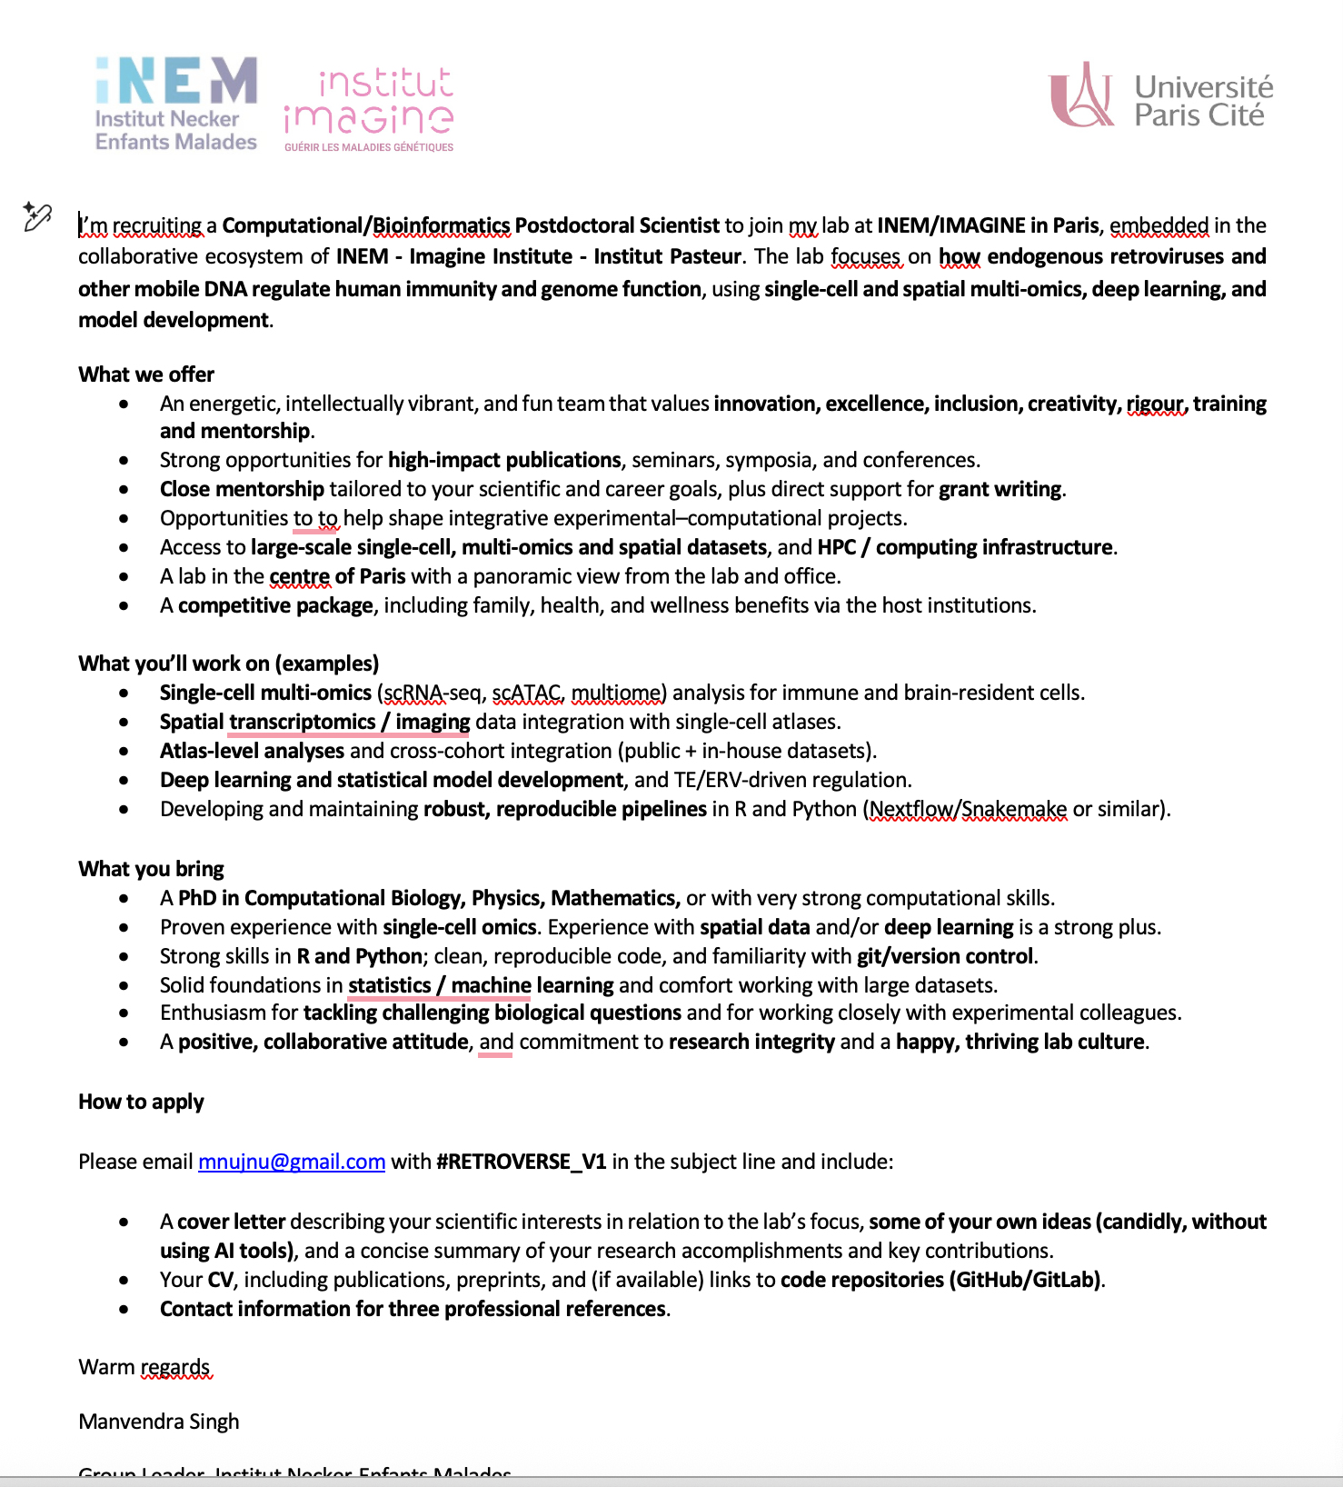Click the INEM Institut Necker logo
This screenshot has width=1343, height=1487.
point(176,104)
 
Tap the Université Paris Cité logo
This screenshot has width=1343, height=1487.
point(1161,96)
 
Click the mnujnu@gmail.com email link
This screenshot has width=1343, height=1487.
point(292,1162)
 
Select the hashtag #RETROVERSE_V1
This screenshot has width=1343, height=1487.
point(522,1162)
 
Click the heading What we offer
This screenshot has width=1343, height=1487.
point(146,374)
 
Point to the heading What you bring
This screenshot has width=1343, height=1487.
point(151,869)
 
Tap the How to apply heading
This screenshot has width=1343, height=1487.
point(141,1102)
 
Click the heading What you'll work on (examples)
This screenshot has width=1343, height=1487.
point(228,664)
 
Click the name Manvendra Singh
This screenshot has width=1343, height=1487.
point(159,1422)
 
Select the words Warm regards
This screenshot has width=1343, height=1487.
point(144,1367)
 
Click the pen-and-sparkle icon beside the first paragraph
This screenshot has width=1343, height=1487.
point(37,216)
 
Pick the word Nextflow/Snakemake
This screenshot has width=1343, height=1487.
point(968,809)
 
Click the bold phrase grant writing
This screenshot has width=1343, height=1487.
point(1000,489)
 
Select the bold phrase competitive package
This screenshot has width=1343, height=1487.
point(275,605)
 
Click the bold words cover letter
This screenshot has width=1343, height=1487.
point(232,1222)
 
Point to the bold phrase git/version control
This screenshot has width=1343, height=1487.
point(944,956)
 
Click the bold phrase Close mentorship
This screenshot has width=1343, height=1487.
point(242,489)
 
